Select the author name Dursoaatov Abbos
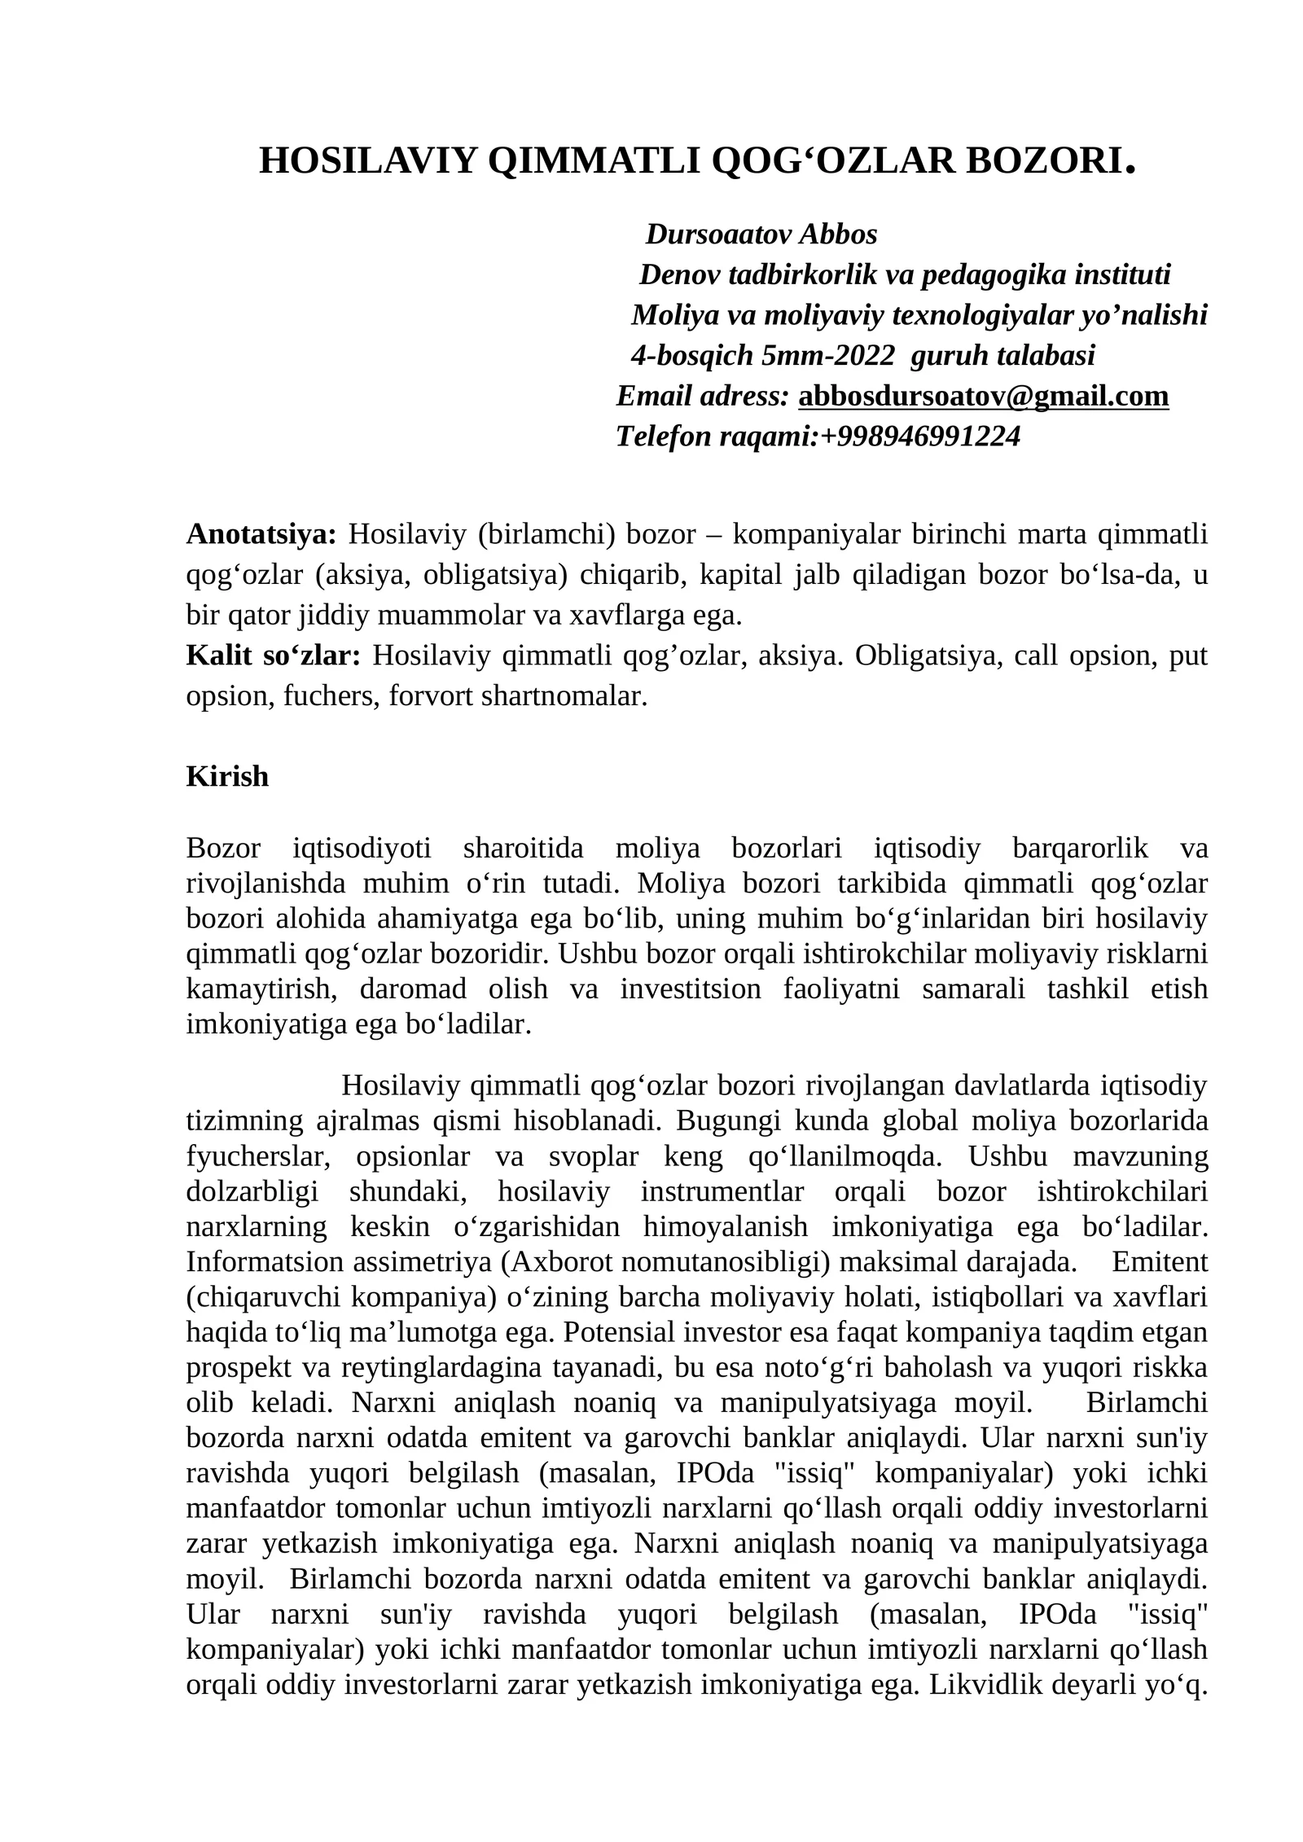click(x=761, y=235)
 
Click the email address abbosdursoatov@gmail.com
click(x=983, y=397)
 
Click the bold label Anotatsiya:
click(x=261, y=535)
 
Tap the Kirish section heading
click(x=227, y=776)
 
